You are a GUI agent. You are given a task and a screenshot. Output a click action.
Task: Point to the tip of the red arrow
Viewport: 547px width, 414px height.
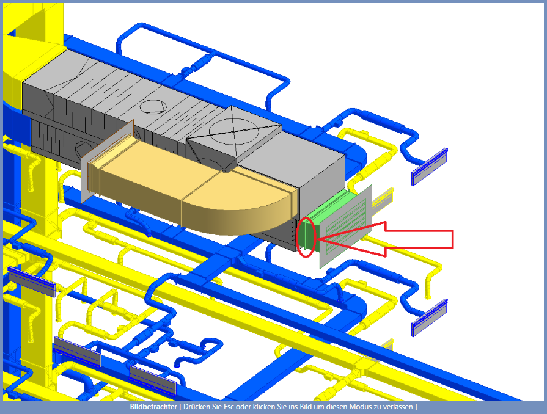coord(317,239)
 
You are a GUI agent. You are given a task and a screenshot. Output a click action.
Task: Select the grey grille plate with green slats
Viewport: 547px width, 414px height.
coord(346,227)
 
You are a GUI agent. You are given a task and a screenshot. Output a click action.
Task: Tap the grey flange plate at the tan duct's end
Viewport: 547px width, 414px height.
coord(107,162)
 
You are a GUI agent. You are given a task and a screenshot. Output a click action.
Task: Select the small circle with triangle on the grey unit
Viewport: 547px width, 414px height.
coord(152,106)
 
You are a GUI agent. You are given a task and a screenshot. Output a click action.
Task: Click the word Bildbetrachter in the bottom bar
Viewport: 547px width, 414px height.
coord(153,407)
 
